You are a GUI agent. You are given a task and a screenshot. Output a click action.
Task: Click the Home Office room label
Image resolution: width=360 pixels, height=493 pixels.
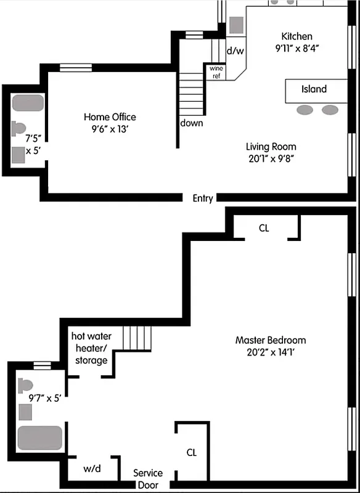click(110, 117)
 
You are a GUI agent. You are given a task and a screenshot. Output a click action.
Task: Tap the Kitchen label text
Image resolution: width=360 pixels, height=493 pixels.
click(297, 36)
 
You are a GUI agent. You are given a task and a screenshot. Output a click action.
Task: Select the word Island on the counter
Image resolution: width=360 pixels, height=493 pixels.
click(314, 89)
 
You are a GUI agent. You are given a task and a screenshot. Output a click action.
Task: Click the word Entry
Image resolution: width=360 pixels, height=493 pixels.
click(203, 198)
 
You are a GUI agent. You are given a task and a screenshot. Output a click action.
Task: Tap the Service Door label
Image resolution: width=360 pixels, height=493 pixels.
click(149, 478)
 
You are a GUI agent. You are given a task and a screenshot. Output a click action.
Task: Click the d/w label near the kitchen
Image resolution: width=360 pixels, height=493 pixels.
click(235, 51)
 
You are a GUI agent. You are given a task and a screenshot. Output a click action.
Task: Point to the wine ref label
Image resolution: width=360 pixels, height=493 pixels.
click(216, 72)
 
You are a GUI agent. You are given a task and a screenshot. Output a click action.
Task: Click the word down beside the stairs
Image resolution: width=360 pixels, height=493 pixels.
click(192, 123)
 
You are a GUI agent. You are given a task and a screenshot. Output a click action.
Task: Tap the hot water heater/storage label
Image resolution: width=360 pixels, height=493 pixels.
click(91, 348)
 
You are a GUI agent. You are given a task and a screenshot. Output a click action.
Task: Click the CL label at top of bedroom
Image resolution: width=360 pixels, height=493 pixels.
click(264, 228)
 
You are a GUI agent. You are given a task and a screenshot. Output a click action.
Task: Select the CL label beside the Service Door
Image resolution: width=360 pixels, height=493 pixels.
click(192, 452)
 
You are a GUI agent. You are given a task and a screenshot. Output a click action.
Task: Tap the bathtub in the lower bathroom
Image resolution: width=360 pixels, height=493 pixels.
click(40, 438)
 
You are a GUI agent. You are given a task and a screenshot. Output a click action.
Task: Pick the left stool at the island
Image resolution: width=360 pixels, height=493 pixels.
click(305, 110)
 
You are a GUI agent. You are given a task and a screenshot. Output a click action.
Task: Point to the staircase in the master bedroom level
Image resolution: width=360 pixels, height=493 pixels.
click(137, 338)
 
